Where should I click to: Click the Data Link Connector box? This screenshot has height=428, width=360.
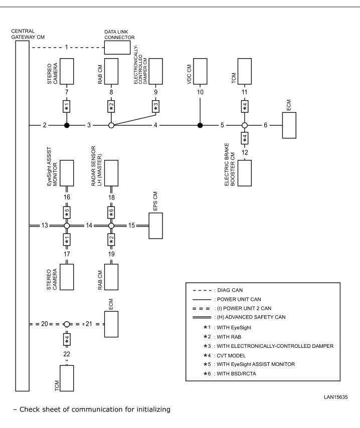tap(117, 48)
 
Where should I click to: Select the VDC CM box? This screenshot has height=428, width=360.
tap(200, 71)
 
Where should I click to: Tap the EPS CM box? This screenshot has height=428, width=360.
tap(156, 226)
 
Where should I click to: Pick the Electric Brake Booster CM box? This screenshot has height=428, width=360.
tap(245, 173)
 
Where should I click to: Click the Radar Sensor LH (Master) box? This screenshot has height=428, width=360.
tap(111, 173)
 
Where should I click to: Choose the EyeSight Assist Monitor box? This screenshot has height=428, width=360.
tap(67, 173)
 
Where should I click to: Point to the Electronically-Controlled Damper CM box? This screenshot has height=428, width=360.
tap(156, 71)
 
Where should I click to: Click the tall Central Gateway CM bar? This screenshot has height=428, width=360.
tap(23, 216)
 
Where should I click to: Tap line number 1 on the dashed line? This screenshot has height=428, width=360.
tap(66, 48)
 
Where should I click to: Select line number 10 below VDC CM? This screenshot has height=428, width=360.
tap(200, 92)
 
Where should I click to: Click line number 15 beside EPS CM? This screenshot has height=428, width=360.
tap(132, 226)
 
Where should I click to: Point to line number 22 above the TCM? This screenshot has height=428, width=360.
tap(67, 354)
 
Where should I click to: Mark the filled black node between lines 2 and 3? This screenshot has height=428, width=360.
tap(67, 125)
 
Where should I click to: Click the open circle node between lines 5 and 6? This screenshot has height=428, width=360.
tap(245, 125)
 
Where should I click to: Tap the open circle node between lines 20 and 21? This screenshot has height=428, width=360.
tap(67, 324)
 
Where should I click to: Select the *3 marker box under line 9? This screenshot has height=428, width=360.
tap(156, 106)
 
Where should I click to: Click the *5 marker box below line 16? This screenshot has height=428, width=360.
tap(67, 212)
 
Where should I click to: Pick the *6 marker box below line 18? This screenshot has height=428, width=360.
tap(111, 212)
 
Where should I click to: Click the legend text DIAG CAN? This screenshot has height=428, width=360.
tap(230, 290)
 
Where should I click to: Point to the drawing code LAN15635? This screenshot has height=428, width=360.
tap(336, 397)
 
